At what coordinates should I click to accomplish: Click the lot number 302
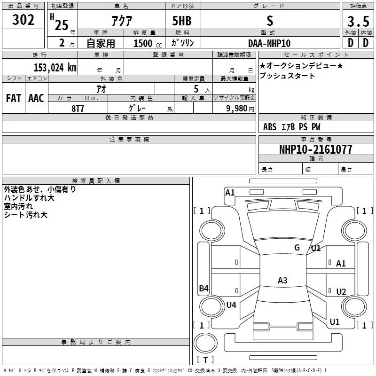point(23,20)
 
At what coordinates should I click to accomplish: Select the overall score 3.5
point(358,21)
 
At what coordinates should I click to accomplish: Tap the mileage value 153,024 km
point(55,67)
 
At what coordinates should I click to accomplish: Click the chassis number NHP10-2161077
point(316,149)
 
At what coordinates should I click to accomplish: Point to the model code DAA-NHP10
point(269,43)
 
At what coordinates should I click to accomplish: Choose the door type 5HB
point(182,21)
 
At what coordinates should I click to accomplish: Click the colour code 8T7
point(78,109)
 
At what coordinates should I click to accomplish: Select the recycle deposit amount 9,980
point(237,109)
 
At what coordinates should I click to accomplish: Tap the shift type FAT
point(14,98)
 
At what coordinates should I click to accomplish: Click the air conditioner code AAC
point(36,98)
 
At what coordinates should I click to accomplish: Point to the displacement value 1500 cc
point(148,43)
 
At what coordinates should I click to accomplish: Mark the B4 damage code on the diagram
point(204,288)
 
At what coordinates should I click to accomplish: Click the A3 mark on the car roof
point(282,280)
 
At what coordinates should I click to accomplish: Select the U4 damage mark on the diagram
point(231,305)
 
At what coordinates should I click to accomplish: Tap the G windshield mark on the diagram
point(297,248)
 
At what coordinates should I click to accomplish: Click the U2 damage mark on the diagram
point(341,291)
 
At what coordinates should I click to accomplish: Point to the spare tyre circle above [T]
point(205,343)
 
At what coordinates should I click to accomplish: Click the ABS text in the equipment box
point(270,127)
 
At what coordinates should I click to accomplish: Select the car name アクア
point(122,21)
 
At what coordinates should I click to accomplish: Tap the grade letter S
point(270,21)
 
